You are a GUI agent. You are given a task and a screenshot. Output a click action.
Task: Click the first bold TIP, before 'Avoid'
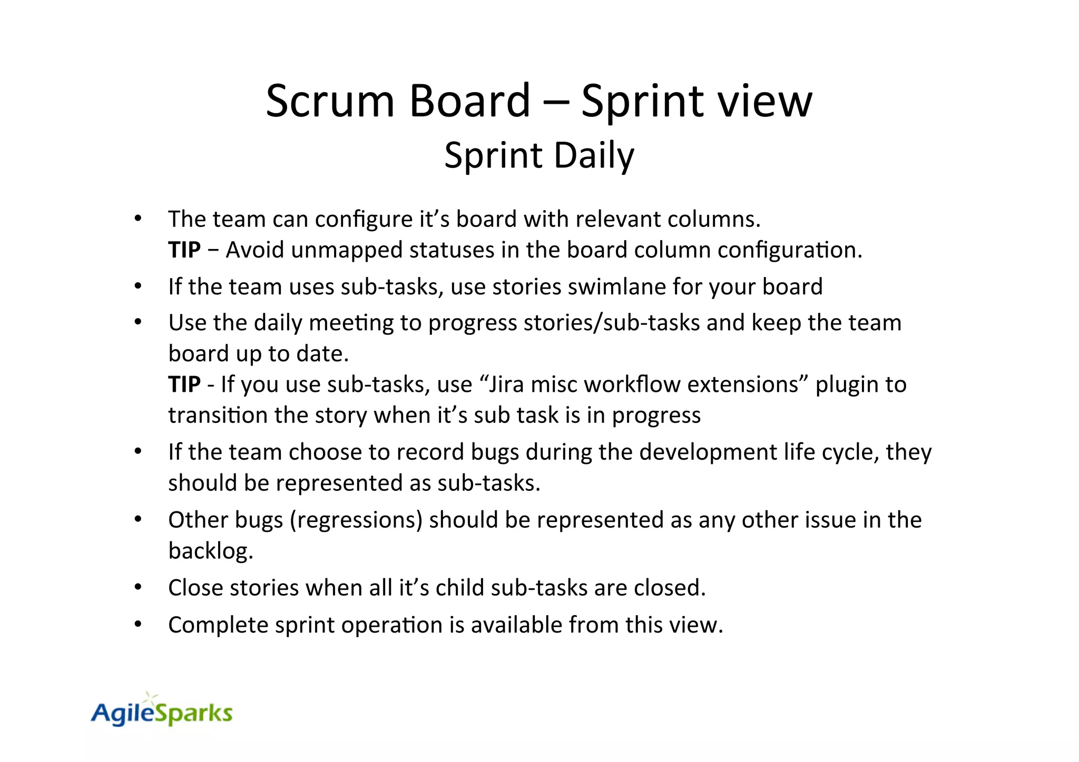(x=184, y=250)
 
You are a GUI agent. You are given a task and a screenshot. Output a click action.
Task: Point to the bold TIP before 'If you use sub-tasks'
(x=184, y=384)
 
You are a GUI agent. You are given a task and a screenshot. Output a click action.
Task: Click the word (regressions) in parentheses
(x=356, y=520)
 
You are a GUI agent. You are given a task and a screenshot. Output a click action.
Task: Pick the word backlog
(x=211, y=551)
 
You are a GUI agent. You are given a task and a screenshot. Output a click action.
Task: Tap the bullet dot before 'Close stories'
(x=138, y=587)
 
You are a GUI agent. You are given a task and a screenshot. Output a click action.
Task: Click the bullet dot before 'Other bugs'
(x=138, y=519)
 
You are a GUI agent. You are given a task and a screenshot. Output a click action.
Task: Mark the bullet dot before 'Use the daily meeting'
(x=138, y=322)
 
